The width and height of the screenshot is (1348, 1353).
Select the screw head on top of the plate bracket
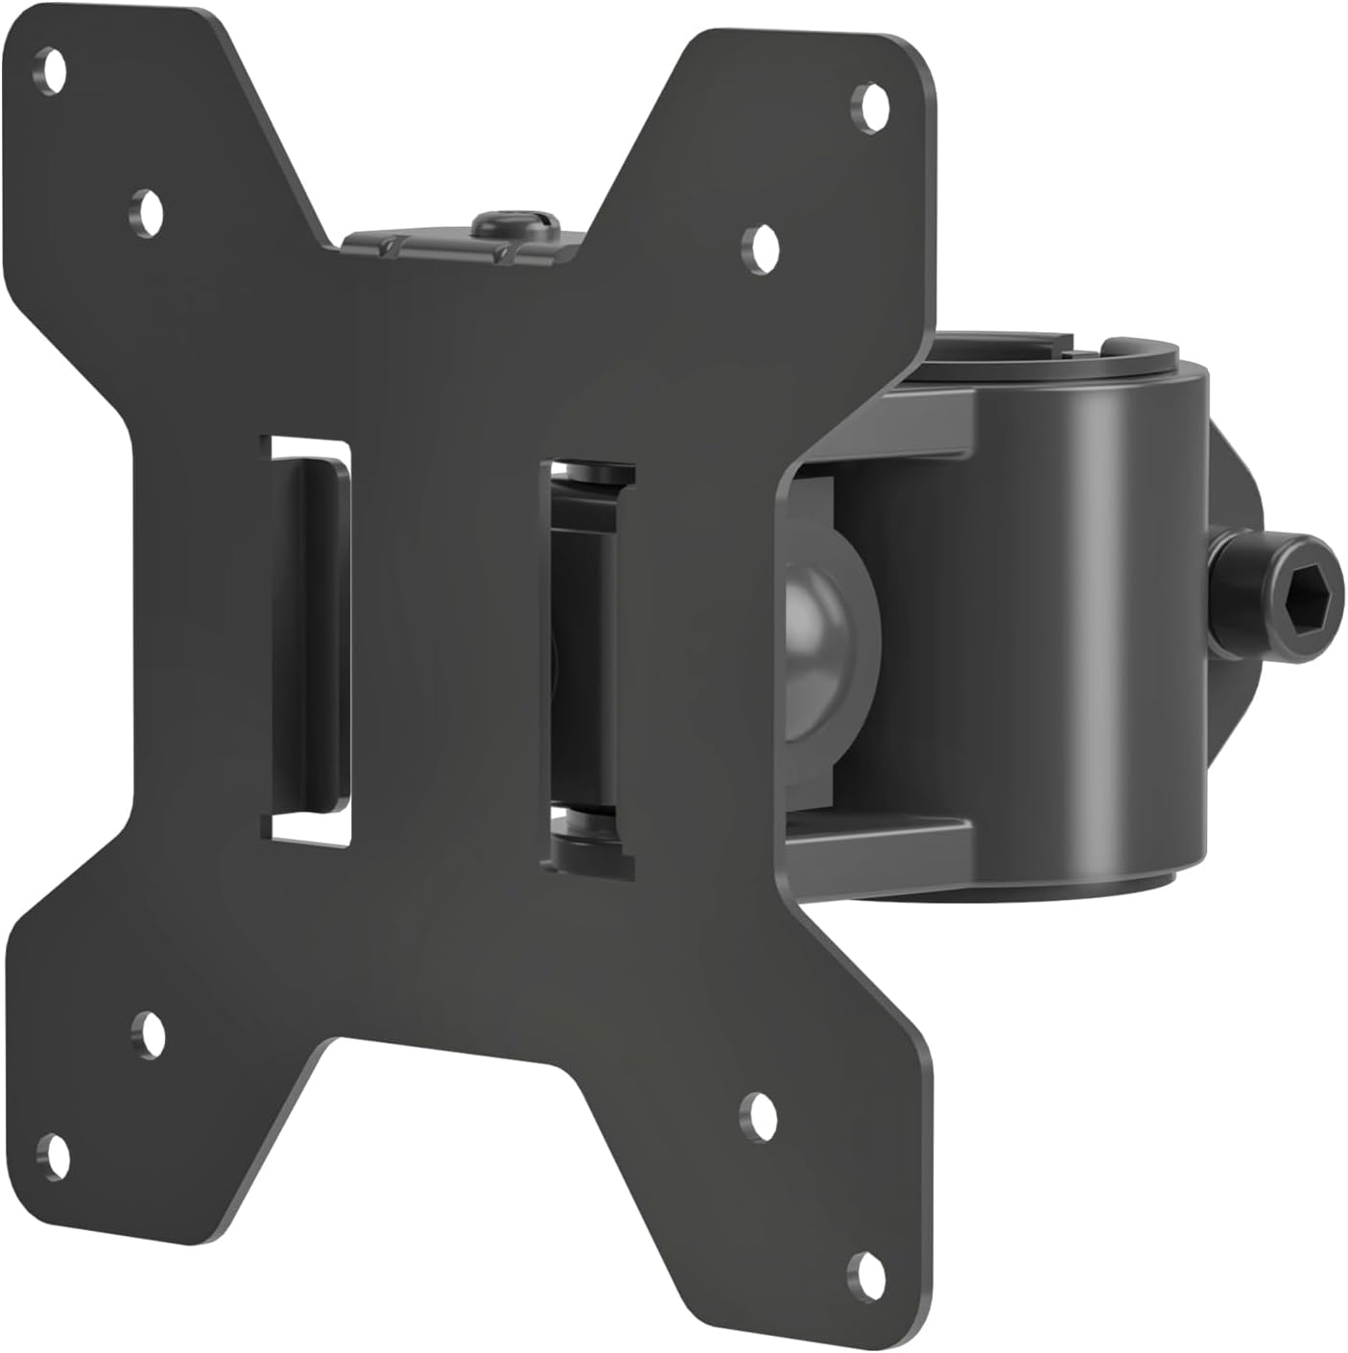pyautogui.click(x=515, y=226)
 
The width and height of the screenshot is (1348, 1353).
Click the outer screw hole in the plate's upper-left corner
pyautogui.click(x=54, y=69)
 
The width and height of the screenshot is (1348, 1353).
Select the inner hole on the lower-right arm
pyautogui.click(x=763, y=1113)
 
